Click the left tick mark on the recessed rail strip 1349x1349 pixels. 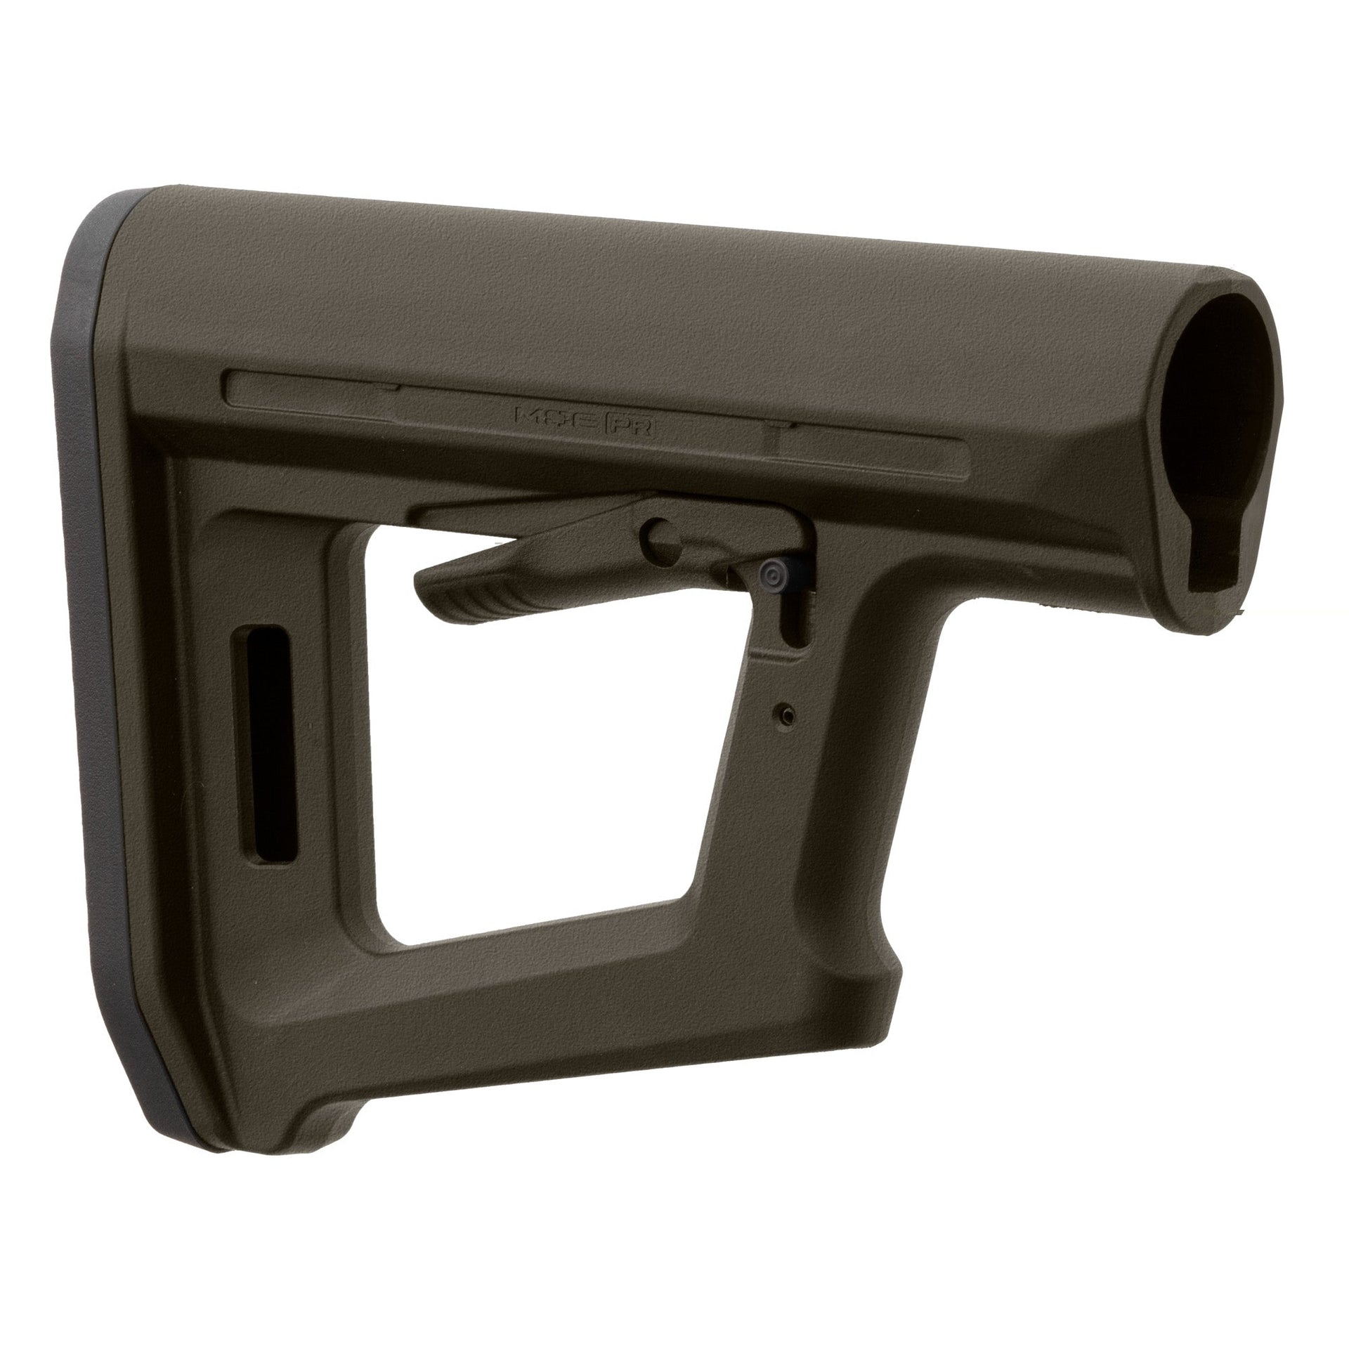[x=386, y=387]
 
